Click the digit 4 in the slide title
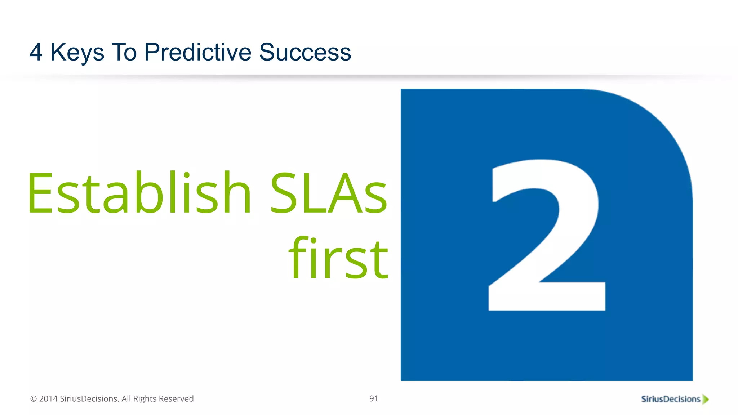tap(36, 52)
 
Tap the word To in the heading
tap(124, 52)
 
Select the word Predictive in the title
tap(197, 52)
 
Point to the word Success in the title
tap(305, 52)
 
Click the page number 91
tap(374, 398)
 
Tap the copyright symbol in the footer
tap(34, 399)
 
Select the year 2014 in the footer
tap(48, 399)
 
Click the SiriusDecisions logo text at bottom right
tap(670, 399)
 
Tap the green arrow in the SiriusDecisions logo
tap(706, 399)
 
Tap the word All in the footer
tap(126, 399)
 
